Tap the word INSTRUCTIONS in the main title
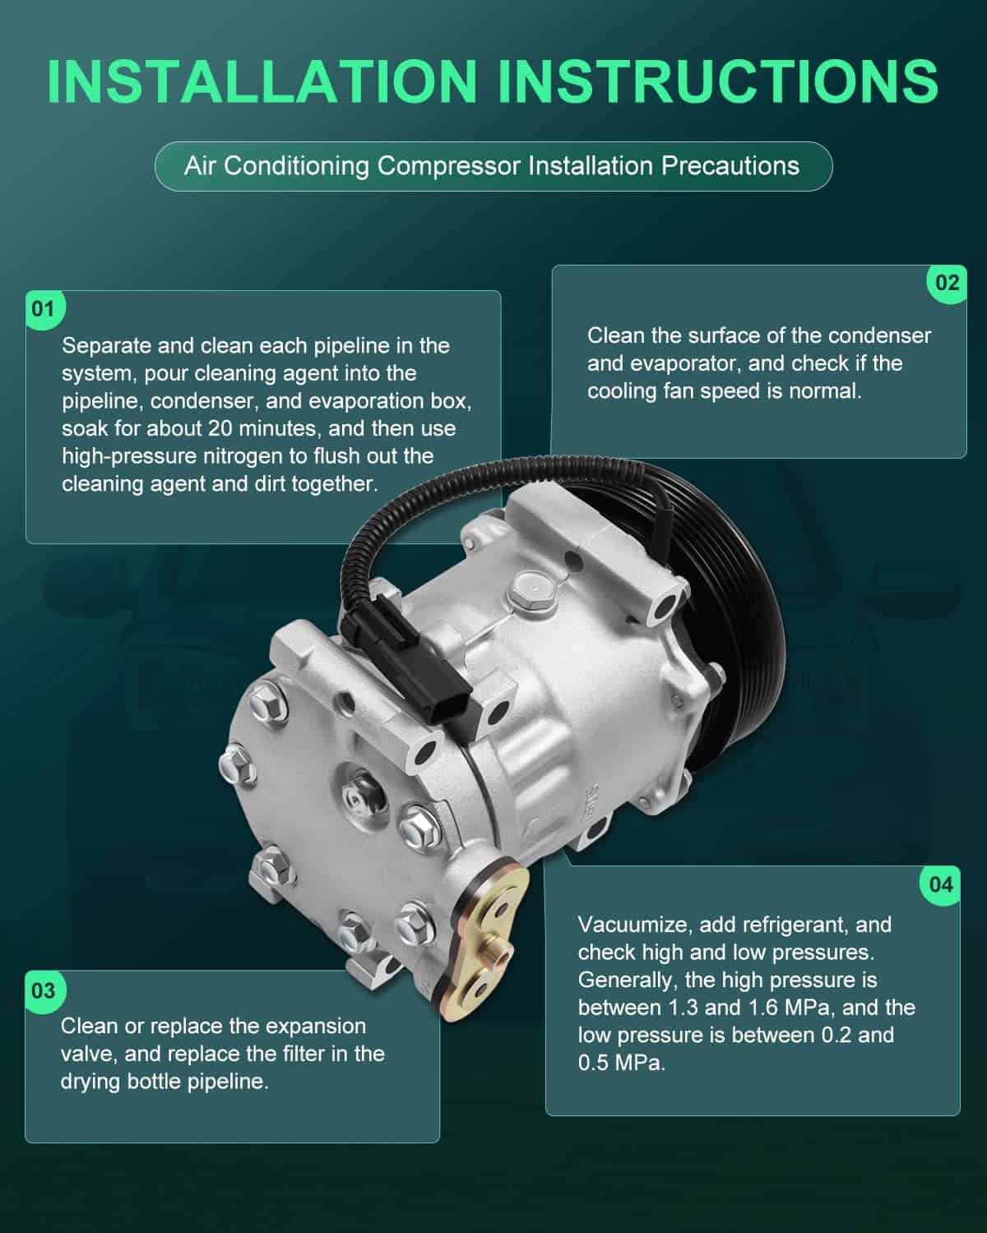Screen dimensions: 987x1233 tap(718, 81)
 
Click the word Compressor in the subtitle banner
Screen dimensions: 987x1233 tap(448, 166)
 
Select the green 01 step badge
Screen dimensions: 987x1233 tap(44, 309)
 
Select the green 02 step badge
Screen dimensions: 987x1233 tap(947, 283)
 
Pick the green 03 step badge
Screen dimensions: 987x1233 tap(44, 991)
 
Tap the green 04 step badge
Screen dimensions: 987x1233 tap(941, 885)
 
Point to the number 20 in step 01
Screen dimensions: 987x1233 tap(220, 428)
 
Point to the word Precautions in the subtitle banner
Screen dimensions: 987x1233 tap(730, 166)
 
